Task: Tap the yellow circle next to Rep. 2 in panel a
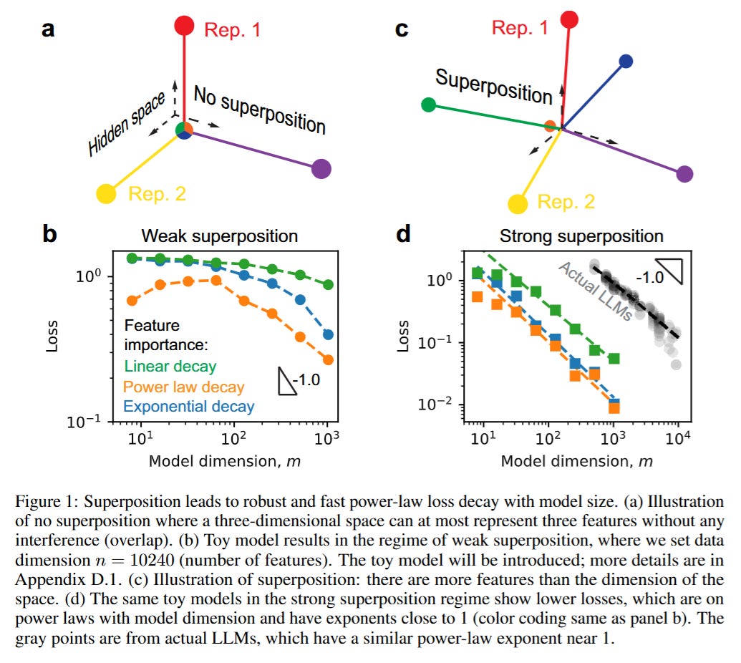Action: coord(106,193)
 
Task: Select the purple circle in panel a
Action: coord(321,170)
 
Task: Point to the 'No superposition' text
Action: coord(260,109)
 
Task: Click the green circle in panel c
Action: coord(428,105)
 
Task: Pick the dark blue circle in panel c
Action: coord(626,62)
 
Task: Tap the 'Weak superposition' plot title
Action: coord(219,236)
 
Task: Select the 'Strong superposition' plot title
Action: coord(581,236)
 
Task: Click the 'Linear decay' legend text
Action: coord(170,367)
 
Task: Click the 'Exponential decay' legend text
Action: coord(189,407)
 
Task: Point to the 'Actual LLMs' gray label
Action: coord(594,291)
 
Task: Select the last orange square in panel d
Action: coord(614,408)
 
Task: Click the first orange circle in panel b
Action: coord(132,300)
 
